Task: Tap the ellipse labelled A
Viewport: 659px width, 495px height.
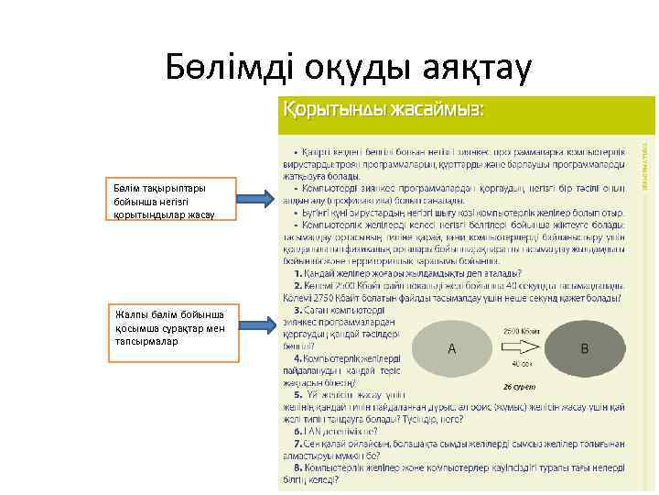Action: (451, 348)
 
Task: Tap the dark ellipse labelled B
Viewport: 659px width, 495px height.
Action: (584, 348)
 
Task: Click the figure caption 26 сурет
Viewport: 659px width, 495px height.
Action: (518, 386)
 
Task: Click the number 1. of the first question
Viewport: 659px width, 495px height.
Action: (298, 273)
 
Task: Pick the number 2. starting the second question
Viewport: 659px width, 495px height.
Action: (298, 285)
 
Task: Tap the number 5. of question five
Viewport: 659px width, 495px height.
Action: (298, 394)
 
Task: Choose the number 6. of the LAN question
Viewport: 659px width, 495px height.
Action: (298, 429)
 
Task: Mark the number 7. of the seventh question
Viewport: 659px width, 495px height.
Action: (298, 442)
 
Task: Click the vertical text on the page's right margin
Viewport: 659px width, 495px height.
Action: (644, 166)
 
